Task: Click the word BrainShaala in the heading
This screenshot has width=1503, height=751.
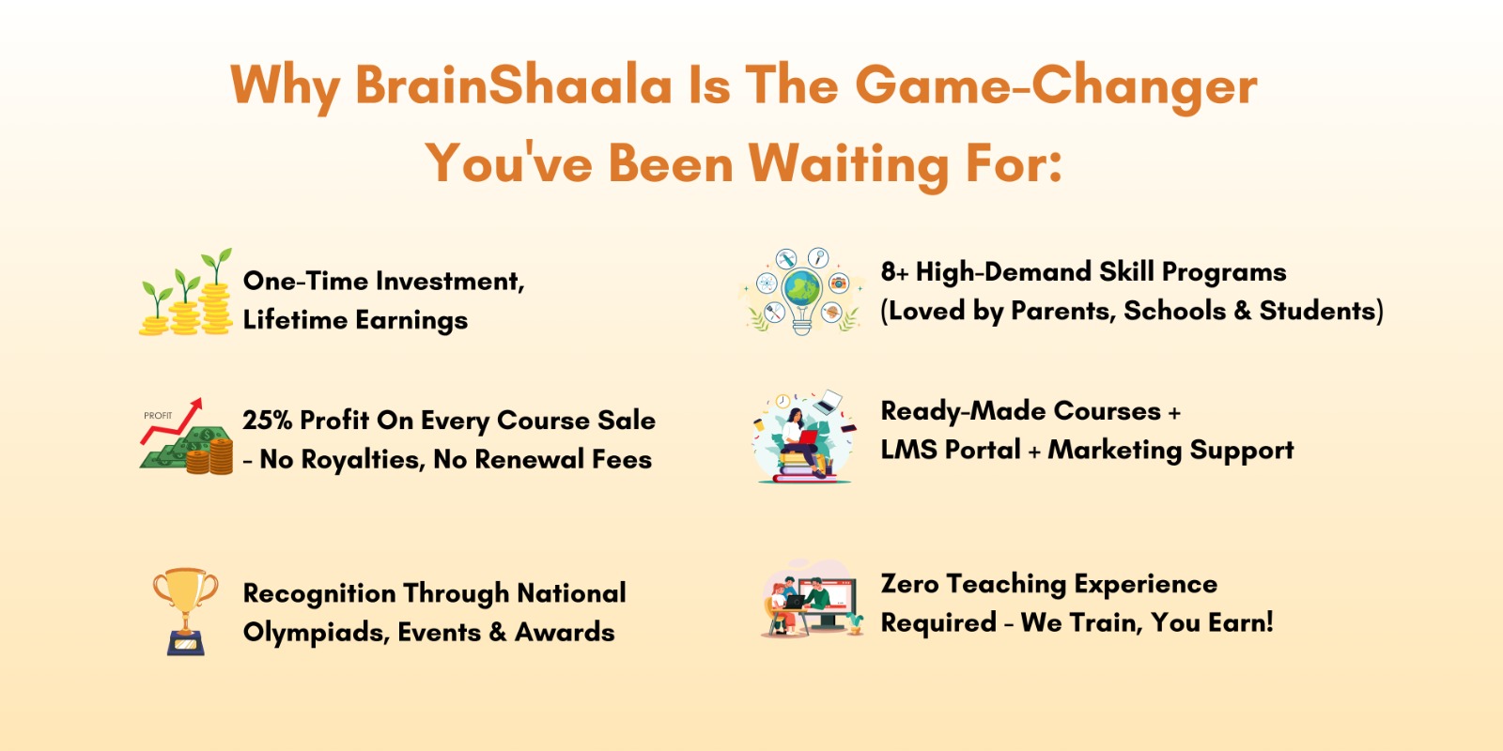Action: click(x=513, y=85)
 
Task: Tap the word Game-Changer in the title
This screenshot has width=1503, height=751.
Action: click(x=1056, y=88)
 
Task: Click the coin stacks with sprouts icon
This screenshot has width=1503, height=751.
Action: click(x=186, y=292)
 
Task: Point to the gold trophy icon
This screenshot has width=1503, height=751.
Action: click(x=185, y=611)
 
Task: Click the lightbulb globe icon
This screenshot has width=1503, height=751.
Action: click(x=802, y=292)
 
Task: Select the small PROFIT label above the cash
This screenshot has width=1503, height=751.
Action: click(x=158, y=415)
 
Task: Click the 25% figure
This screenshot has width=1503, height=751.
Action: click(x=267, y=421)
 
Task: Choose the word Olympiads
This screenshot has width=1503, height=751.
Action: click(x=317, y=633)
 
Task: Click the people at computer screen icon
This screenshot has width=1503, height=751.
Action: click(x=812, y=598)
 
